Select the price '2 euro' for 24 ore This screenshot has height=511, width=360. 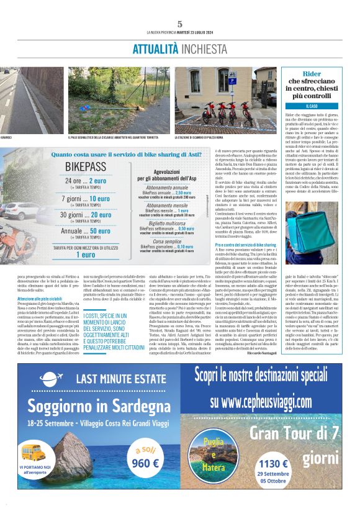coord(103,181)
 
